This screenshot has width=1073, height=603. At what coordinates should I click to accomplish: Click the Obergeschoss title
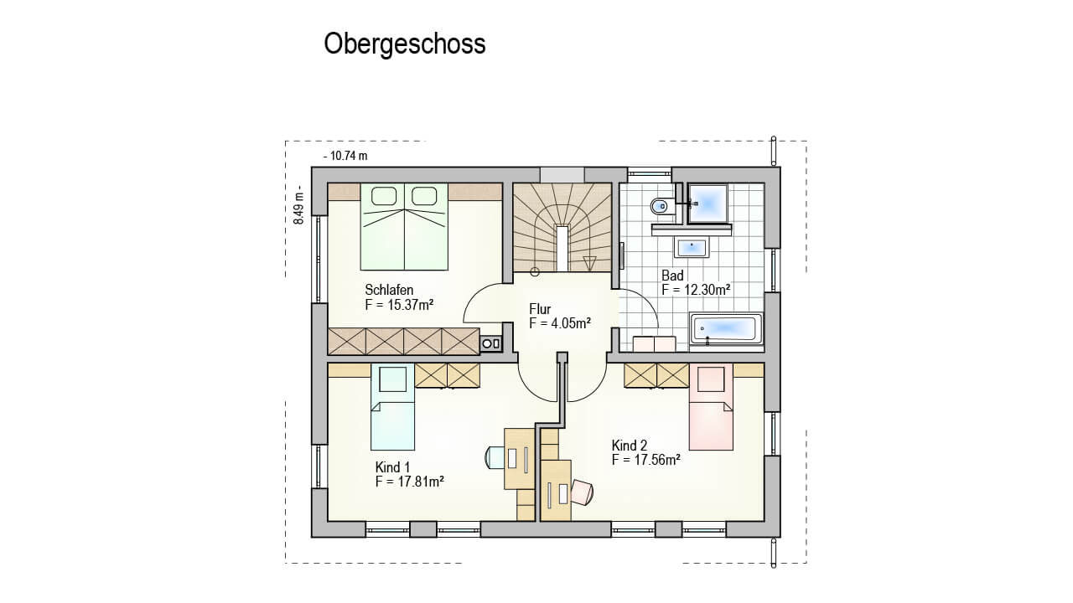click(405, 44)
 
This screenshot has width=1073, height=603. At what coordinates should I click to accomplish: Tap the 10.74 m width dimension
click(346, 156)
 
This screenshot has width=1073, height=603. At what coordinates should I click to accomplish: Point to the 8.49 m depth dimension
click(298, 205)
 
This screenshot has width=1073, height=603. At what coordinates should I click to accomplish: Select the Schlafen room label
click(389, 290)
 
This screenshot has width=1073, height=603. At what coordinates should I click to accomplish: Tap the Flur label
click(540, 309)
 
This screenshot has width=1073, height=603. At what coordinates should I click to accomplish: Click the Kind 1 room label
click(392, 467)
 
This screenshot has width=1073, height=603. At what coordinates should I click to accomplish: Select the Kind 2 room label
click(630, 446)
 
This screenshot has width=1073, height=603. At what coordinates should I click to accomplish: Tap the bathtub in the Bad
click(726, 328)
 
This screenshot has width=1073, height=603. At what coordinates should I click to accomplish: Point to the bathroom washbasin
click(692, 248)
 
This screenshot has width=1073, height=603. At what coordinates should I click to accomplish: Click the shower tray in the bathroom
click(708, 204)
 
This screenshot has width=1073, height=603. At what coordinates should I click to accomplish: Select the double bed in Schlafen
click(404, 226)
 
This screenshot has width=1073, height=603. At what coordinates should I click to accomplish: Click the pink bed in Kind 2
click(711, 407)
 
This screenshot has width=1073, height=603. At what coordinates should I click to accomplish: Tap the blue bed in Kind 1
click(392, 407)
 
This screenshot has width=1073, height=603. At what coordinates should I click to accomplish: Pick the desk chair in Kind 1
click(495, 457)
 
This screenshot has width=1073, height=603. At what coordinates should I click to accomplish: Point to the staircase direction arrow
click(589, 264)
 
